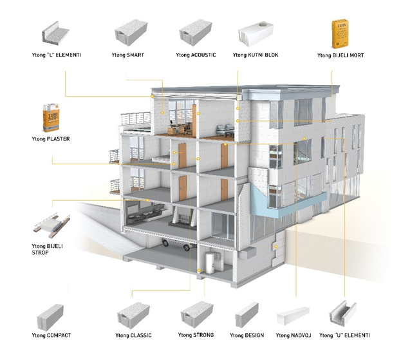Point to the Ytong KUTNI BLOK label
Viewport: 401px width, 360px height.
tap(256, 56)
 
